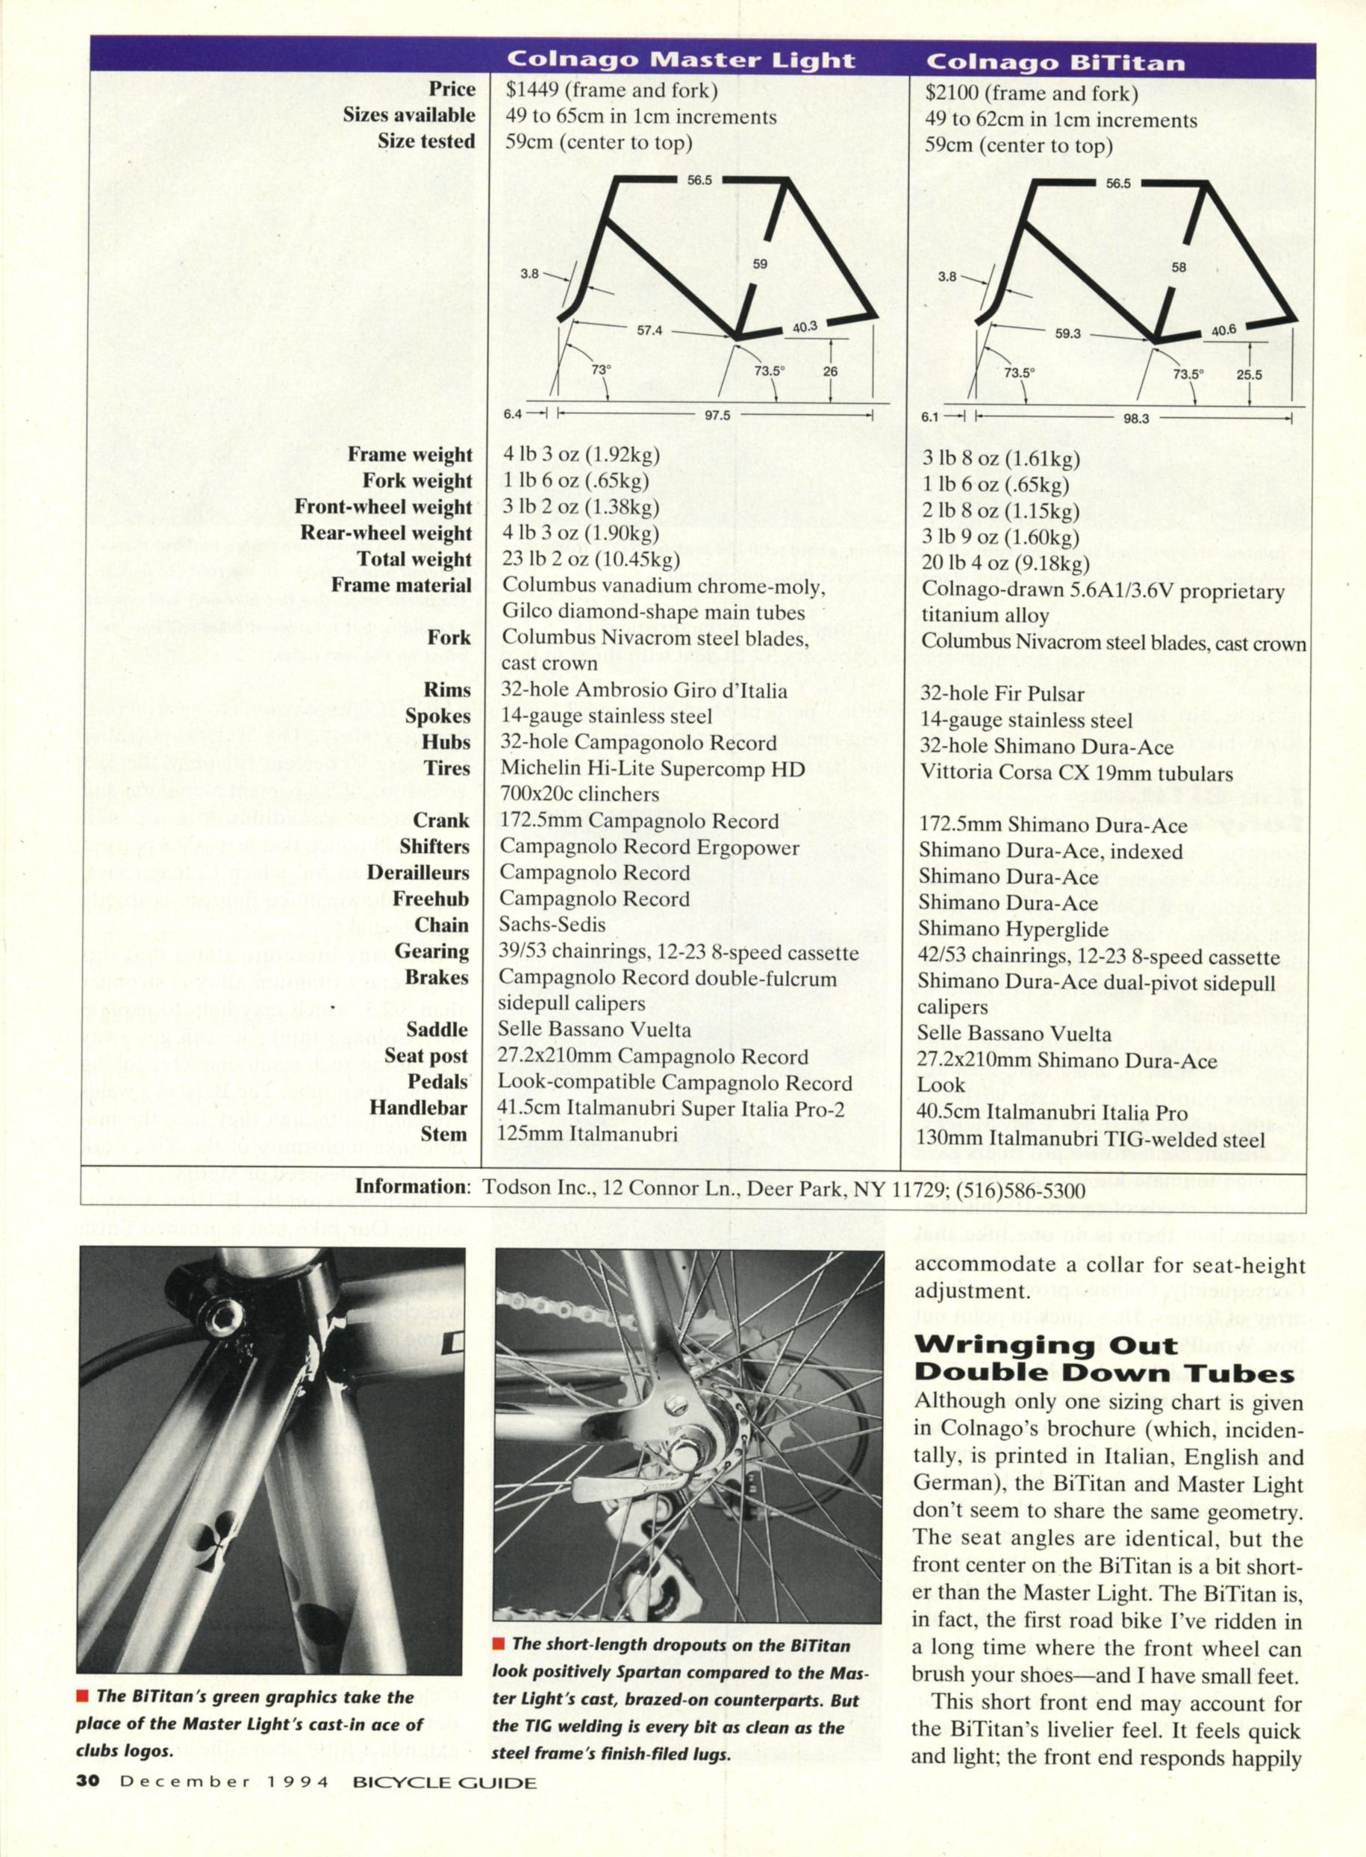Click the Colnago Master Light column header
coord(680,60)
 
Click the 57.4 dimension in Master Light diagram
coord(650,330)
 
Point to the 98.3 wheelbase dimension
coord(1136,419)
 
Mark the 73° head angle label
coord(601,370)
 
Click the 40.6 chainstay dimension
coord(1223,329)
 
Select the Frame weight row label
coord(409,455)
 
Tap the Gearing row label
coord(431,952)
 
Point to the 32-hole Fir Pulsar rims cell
coord(1000,695)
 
